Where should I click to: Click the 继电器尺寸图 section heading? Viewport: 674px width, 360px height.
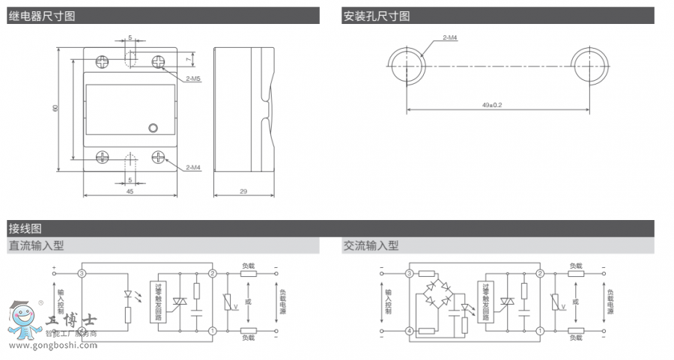42,16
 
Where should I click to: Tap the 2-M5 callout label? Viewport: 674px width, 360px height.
192,77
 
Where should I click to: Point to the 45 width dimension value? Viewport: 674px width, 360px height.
130,192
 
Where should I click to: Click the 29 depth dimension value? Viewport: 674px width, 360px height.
243,192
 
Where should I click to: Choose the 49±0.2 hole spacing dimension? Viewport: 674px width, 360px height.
492,106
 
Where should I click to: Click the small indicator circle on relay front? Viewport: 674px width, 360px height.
154,128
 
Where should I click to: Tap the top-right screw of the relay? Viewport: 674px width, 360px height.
159,61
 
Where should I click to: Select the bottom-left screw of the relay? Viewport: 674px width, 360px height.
102,157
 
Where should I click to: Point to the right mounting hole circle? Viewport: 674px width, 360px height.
589,63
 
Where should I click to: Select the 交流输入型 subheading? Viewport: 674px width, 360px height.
371,245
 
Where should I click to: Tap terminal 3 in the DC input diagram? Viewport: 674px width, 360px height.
82,274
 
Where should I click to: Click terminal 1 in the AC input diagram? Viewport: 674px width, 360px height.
541,331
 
